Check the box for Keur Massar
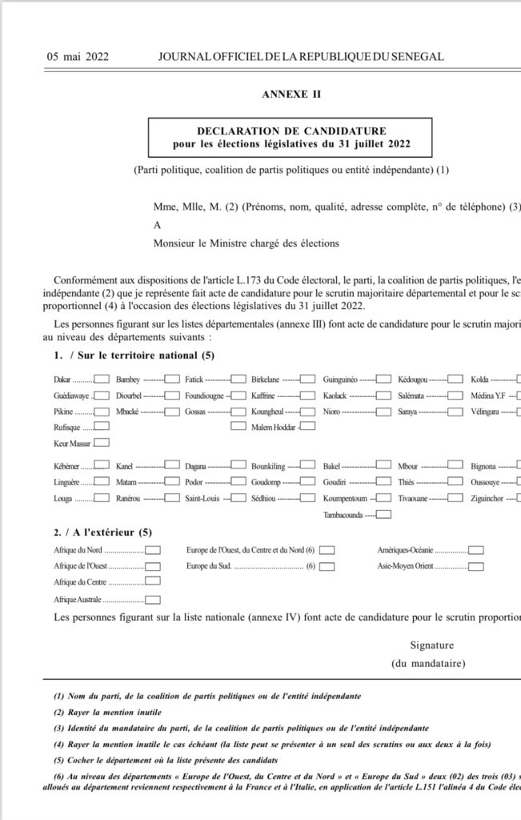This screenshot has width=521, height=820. coord(102,442)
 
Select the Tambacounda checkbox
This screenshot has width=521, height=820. coord(383,514)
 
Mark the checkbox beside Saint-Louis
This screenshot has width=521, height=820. coord(238,498)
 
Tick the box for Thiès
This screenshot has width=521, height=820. coord(456,482)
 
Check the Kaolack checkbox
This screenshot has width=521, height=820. coord(383,396)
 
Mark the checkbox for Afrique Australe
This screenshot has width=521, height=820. coord(153,600)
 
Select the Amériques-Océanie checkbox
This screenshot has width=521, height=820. coord(476,550)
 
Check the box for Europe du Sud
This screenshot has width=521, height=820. coord(327,566)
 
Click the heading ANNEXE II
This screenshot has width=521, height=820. coord(291,94)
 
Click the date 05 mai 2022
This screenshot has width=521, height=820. coord(78,57)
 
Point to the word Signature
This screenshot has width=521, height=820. coord(432,645)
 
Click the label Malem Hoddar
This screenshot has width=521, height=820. coord(273,427)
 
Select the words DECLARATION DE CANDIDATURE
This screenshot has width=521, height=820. coord(291,131)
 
